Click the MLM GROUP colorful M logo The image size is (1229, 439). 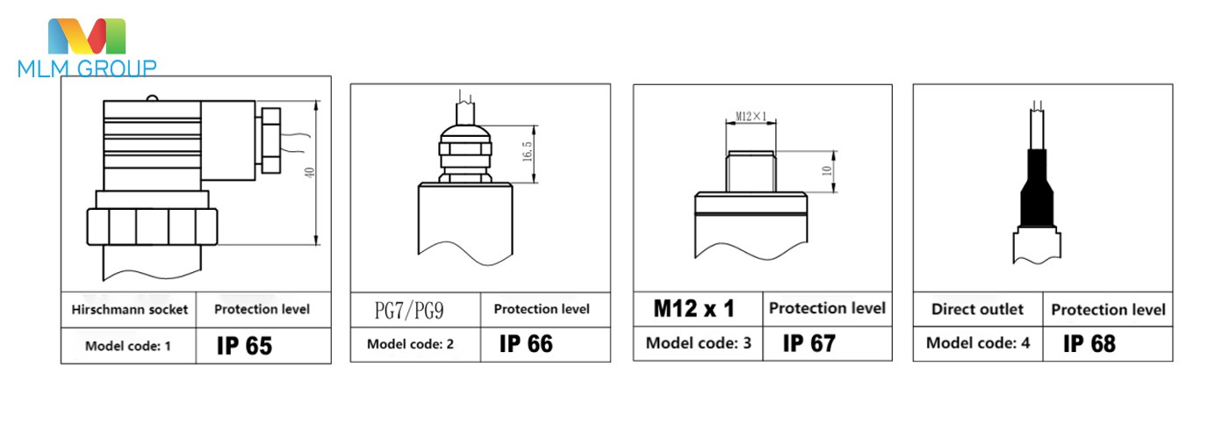87,36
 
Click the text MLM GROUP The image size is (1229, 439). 87,68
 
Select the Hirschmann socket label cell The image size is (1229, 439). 129,310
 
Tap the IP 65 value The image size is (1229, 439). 244,346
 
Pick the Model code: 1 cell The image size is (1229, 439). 128,346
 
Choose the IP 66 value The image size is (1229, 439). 526,343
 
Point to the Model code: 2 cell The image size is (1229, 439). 410,344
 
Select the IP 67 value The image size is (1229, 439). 809,342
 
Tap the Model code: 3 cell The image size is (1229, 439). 699,343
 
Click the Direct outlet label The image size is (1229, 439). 977,309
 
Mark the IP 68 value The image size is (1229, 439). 1089,343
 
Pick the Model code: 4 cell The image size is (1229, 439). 978,343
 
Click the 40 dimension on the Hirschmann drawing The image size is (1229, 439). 309,173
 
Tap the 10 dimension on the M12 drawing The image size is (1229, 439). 826,170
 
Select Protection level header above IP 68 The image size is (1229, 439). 1108,309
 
